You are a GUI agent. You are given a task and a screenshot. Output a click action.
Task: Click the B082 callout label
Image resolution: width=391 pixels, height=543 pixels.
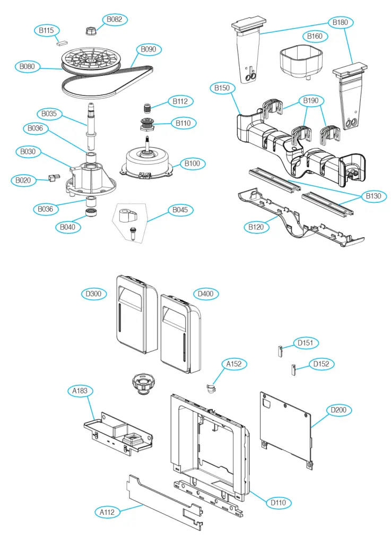[x=114, y=20]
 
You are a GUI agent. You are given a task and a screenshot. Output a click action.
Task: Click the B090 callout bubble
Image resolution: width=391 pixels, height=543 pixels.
[x=148, y=50]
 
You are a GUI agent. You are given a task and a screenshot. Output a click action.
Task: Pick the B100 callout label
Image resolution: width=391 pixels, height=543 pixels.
[x=193, y=163]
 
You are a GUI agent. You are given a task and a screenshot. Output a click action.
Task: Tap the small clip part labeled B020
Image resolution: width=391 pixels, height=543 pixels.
[x=52, y=178]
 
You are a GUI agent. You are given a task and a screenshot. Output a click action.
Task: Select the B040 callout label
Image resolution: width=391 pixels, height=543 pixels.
[x=67, y=227]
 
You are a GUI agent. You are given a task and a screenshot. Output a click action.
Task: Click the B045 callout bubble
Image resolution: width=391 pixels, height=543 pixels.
[x=180, y=210]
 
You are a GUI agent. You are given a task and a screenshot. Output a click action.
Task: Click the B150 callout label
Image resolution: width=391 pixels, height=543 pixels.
[x=222, y=88]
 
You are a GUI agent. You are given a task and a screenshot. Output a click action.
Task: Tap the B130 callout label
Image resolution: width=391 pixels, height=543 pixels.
[x=373, y=196]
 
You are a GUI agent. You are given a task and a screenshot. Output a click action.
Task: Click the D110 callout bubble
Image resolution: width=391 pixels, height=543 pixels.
[x=278, y=502]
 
